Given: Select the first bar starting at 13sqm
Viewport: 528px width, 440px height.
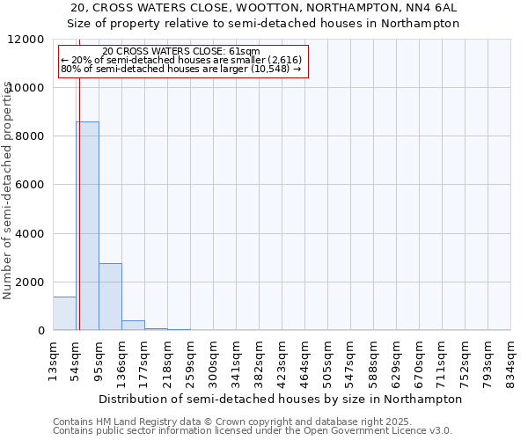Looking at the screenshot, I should (x=64, y=313).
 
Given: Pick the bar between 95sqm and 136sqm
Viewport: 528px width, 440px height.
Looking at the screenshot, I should (x=110, y=297).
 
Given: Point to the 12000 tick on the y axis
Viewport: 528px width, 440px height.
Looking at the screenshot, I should (x=28, y=40).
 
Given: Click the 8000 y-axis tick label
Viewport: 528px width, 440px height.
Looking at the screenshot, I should (x=32, y=136).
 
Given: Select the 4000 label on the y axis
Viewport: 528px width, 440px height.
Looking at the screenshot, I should (x=32, y=233).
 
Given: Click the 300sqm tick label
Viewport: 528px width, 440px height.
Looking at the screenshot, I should (x=213, y=360).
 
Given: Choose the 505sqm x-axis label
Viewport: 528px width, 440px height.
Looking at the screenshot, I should (x=327, y=360).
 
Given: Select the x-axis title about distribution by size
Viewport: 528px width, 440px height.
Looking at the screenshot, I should (x=281, y=399).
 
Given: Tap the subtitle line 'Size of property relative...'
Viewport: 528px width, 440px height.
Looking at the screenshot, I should (x=264, y=24).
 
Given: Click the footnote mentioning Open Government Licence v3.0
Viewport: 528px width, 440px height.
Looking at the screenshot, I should (x=253, y=431).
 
